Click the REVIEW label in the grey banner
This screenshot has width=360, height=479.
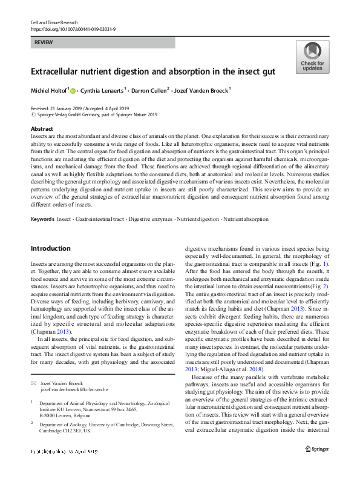44,42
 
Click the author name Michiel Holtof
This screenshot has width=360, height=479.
49,91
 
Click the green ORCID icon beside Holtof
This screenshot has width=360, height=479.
73,91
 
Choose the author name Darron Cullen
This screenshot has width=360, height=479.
154,91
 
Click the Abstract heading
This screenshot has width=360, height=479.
42,129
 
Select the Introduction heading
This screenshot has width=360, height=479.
50,248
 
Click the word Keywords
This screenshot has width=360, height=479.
42,219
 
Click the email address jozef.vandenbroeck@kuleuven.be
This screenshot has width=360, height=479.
74,373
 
